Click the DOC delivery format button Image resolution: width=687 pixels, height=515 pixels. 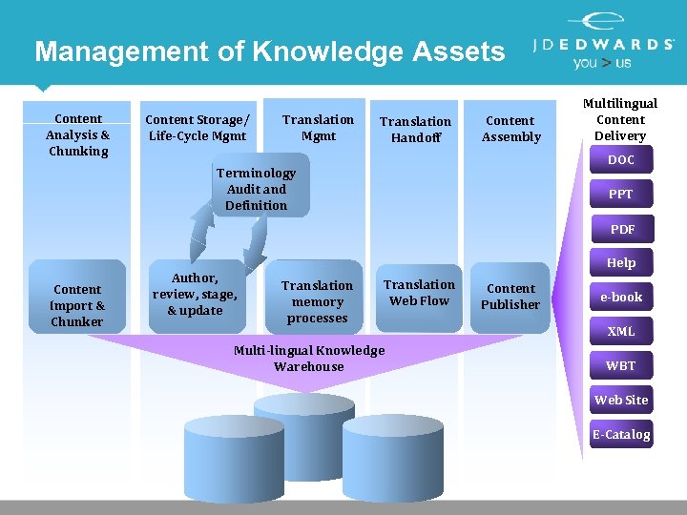coord(621,160)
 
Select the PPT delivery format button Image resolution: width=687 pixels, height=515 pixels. coord(621,195)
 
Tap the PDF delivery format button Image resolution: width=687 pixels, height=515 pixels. coord(622,229)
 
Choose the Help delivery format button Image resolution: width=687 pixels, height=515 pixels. coord(621,263)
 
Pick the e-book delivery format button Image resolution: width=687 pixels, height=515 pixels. coord(621,298)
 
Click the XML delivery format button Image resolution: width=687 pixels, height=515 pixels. coord(621,332)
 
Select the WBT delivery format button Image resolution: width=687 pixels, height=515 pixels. coord(621,366)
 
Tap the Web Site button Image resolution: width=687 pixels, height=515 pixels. coord(621,401)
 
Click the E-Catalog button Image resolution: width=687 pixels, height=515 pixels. coord(621,435)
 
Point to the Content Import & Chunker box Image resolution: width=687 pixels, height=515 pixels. coord(77,305)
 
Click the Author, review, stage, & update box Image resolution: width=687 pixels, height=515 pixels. coord(195,294)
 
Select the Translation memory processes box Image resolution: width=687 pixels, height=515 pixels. coord(317,301)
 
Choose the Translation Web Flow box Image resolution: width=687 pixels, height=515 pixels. coord(419,293)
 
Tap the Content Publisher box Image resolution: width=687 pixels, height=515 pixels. coord(510,297)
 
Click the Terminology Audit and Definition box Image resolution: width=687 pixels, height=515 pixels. coord(256,189)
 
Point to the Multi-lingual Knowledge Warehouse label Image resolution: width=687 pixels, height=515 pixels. coord(308,358)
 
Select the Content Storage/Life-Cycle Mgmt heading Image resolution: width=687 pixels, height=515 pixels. coord(197,128)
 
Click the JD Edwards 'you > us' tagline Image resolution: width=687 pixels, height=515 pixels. coord(601,63)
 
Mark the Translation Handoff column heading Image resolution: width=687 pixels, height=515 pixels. coord(415,130)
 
